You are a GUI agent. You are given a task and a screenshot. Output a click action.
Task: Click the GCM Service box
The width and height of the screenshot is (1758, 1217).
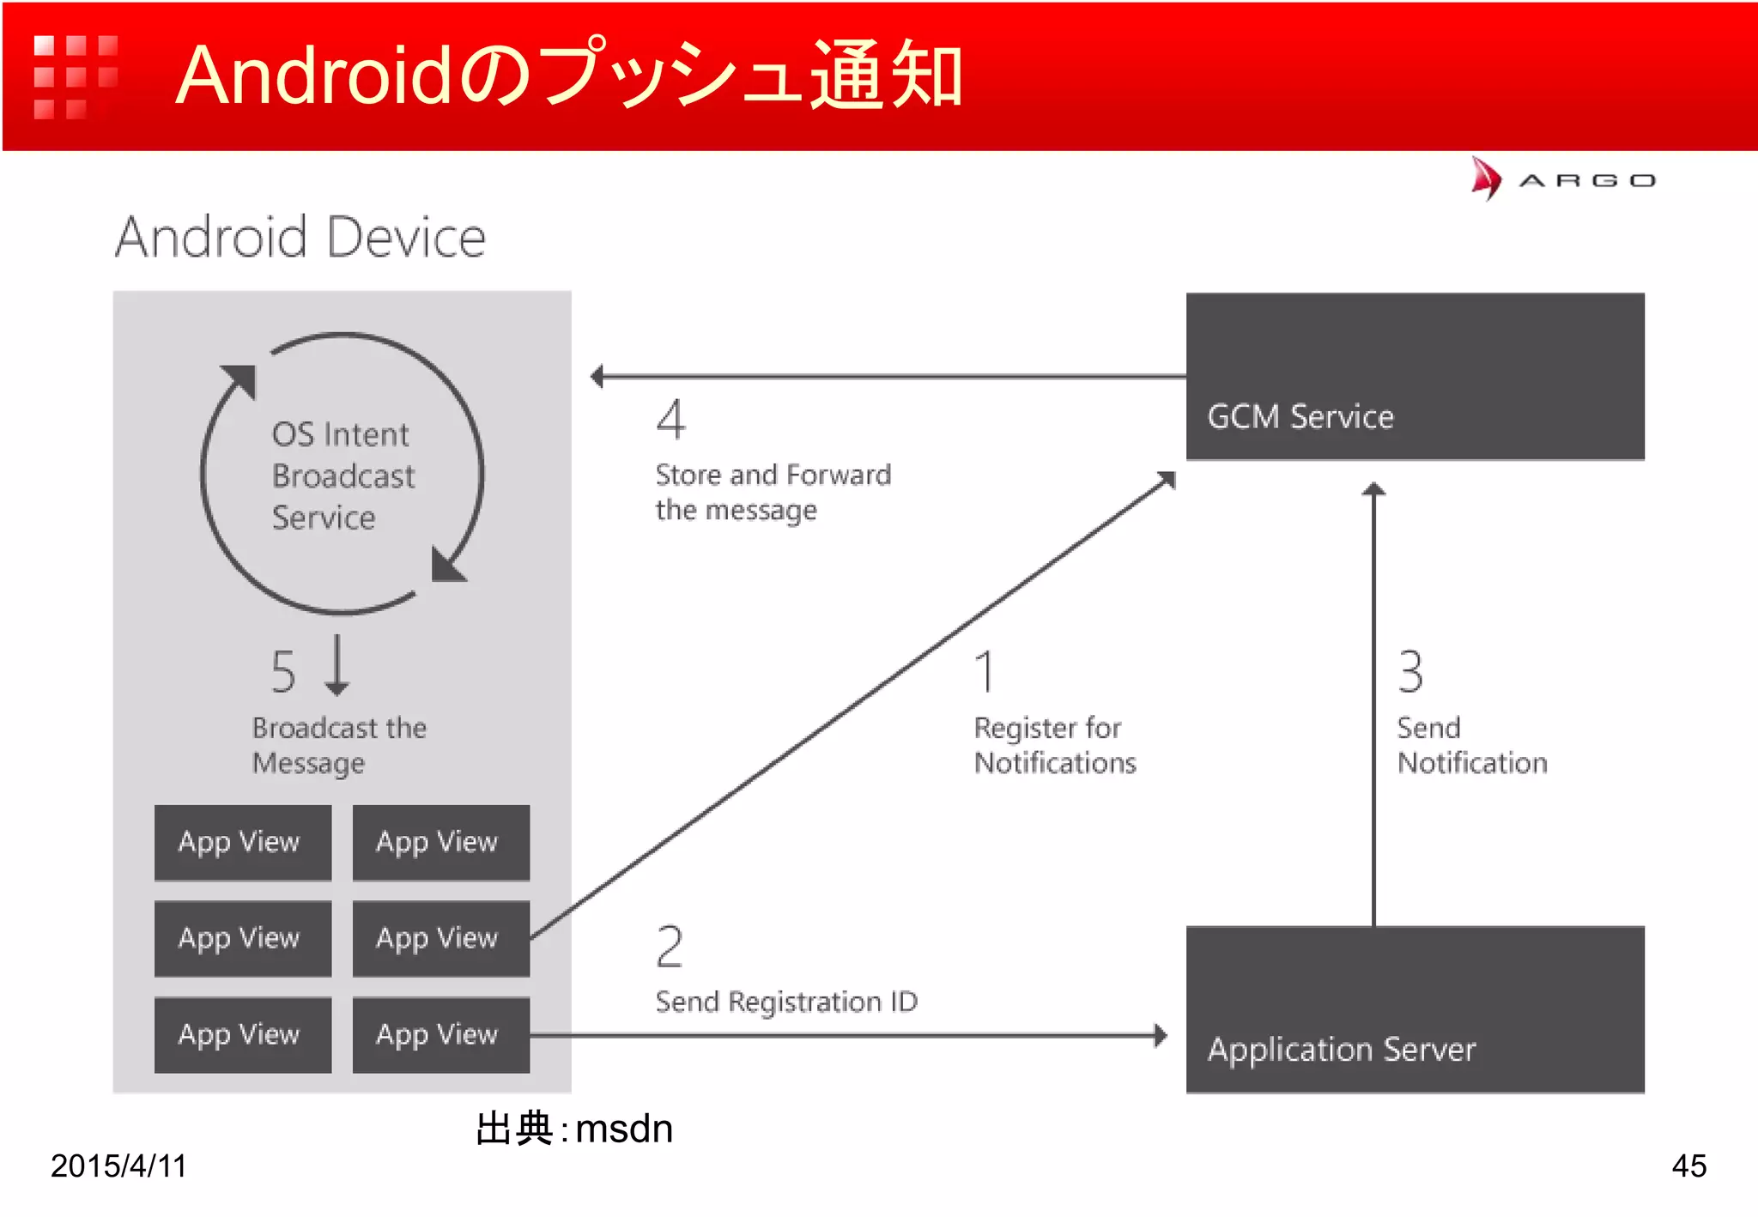click(x=1415, y=377)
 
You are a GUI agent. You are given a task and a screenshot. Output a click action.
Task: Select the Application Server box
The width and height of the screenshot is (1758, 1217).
click(x=1415, y=1009)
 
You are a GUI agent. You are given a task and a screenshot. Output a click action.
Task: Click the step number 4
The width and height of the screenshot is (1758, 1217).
click(x=670, y=420)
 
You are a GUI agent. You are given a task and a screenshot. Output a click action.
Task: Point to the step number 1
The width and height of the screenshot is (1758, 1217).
click(x=985, y=671)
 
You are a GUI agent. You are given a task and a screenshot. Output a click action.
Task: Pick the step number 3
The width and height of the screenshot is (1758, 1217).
click(x=1410, y=671)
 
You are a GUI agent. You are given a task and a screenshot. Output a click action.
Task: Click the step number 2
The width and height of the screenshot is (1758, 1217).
click(x=670, y=947)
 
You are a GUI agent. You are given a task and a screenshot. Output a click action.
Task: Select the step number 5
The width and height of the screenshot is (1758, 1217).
click(x=283, y=671)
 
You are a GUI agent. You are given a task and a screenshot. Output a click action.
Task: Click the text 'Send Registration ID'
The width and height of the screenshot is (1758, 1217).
click(x=786, y=1002)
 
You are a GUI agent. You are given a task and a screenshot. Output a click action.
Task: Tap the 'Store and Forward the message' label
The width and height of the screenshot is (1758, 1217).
click(x=773, y=492)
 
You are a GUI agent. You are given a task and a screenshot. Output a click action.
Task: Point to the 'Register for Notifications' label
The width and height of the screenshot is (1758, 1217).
click(x=1055, y=745)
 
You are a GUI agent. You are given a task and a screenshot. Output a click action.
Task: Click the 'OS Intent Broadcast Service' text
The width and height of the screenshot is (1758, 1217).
click(x=343, y=475)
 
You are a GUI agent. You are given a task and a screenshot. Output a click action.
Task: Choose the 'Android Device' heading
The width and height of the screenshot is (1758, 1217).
click(x=300, y=237)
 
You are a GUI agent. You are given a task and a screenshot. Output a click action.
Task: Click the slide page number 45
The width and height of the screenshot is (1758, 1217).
click(x=1688, y=1166)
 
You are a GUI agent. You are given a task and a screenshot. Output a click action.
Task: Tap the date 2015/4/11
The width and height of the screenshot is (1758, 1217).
click(x=118, y=1166)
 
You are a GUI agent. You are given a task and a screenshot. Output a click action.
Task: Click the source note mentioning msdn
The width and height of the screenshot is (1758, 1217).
click(x=574, y=1129)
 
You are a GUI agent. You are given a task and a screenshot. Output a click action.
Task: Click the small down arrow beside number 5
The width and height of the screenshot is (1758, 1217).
click(x=337, y=666)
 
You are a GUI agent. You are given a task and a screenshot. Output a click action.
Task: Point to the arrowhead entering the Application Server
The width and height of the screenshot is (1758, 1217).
click(x=1161, y=1035)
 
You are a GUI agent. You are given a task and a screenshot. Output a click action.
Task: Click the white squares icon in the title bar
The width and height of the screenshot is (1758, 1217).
click(x=76, y=77)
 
